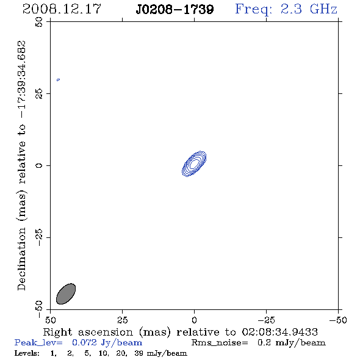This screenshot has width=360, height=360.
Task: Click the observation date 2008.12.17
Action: pyautogui.click(x=62, y=9)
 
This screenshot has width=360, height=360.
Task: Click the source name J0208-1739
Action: pyautogui.click(x=175, y=9)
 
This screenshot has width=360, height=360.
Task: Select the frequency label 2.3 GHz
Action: pyautogui.click(x=309, y=9)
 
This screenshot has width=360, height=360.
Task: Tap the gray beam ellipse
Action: pyautogui.click(x=66, y=293)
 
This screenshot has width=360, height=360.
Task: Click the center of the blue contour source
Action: pyautogui.click(x=194, y=164)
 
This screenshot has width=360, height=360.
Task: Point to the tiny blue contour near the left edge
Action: pyautogui.click(x=59, y=80)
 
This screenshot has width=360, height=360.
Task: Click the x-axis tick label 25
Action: pyautogui.click(x=122, y=320)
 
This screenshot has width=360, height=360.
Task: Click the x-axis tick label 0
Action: pyautogui.click(x=194, y=320)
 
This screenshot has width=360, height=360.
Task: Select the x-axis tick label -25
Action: pyautogui.click(x=266, y=320)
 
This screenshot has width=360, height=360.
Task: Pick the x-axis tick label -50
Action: pyautogui.click(x=338, y=320)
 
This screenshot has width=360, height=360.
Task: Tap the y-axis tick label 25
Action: pyautogui.click(x=39, y=94)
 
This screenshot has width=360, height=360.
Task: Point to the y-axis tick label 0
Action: pyautogui.click(x=39, y=165)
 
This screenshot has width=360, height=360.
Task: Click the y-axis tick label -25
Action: pyautogui.click(x=39, y=237)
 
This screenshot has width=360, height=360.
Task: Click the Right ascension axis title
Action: pyautogui.click(x=180, y=332)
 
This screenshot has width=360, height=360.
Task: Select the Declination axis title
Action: pyautogui.click(x=21, y=165)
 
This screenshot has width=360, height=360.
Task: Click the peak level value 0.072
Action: pyautogui.click(x=84, y=342)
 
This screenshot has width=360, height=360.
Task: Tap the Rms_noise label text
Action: pyautogui.click(x=220, y=343)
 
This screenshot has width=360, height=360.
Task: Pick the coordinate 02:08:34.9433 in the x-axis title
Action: pyautogui.click(x=280, y=332)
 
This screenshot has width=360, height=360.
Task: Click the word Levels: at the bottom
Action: pyautogui.click(x=27, y=353)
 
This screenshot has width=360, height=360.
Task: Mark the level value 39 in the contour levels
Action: pyautogui.click(x=139, y=353)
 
